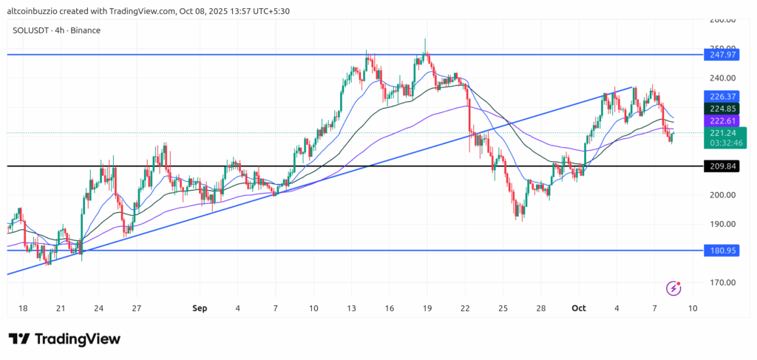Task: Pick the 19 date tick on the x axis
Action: point(427,307)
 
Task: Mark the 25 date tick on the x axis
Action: point(503,307)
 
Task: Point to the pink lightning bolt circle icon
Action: point(673,288)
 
